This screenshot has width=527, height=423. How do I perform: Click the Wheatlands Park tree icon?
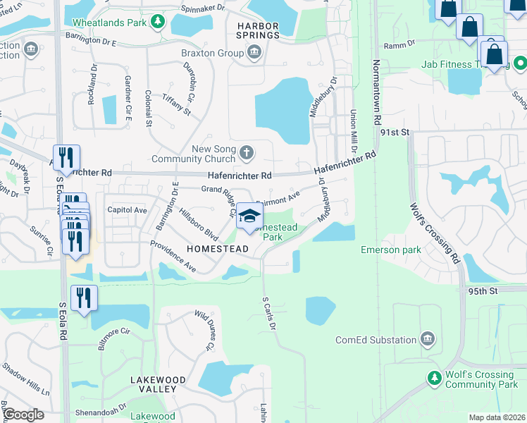click(159, 23)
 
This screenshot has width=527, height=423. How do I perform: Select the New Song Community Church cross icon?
click(247, 152)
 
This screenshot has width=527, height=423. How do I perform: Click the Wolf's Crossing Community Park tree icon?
click(435, 379)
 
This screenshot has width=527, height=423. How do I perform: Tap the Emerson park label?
click(390, 250)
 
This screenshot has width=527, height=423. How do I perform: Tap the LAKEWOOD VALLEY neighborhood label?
click(158, 384)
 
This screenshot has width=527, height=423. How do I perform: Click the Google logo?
click(23, 415)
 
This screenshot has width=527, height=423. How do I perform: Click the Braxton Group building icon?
click(254, 51)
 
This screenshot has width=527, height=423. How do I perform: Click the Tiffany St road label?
click(176, 104)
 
